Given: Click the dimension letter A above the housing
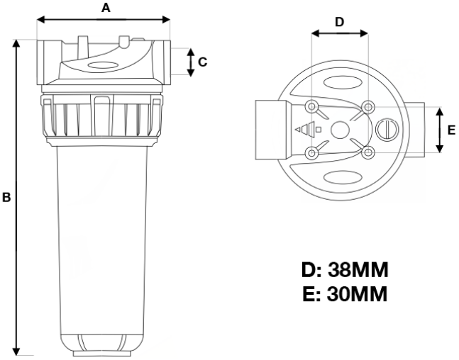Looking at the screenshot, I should pos(106,8).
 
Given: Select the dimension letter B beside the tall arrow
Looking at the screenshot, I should pos(6,198).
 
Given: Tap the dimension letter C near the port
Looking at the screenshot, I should pos(202,62).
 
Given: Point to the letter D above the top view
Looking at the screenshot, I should pos(339,21).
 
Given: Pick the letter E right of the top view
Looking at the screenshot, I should pos(451,130).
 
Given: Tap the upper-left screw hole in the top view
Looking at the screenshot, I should pos(311,107).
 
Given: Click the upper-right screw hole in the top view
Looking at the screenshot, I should pos(367,107).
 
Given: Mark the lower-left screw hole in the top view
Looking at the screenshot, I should pos(311,152).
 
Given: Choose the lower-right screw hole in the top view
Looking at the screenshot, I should pos(367,152).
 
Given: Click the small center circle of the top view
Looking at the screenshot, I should pos(339,130).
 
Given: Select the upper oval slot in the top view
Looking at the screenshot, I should pos(339,84).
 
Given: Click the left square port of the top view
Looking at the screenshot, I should pos(269,129).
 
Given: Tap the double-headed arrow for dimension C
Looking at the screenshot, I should pos(189,62).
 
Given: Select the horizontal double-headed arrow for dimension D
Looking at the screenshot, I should pos(339,33).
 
